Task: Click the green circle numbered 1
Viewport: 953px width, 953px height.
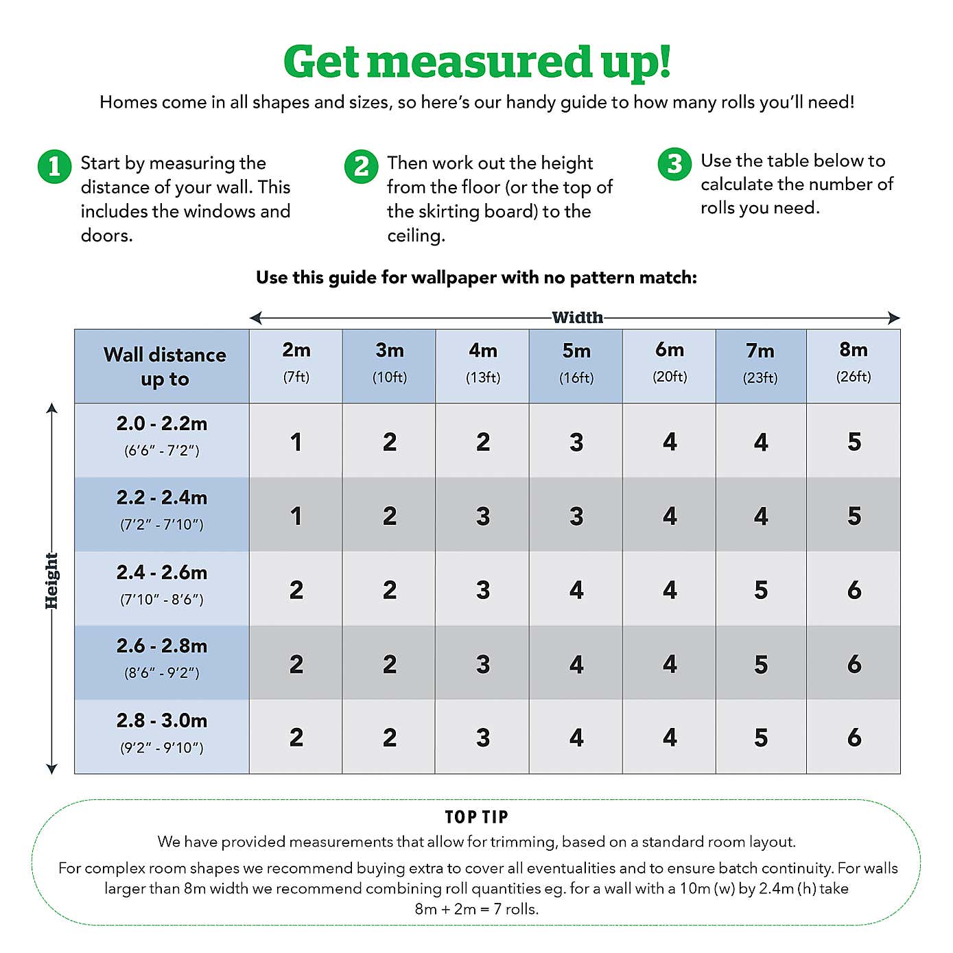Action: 54,167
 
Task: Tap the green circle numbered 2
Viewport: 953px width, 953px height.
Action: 361,167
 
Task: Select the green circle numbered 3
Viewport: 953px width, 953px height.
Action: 674,164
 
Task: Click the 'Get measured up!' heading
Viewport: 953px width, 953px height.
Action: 477,62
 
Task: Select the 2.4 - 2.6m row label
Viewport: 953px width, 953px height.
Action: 162,584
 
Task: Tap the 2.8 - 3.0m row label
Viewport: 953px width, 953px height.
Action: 162,732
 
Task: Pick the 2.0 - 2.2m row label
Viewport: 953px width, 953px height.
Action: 162,435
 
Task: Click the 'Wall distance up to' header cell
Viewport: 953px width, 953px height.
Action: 165,366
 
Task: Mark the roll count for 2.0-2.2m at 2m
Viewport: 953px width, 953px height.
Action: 296,442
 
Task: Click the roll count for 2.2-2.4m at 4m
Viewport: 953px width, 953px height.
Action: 483,516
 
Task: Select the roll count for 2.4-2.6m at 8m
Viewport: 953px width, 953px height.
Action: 854,590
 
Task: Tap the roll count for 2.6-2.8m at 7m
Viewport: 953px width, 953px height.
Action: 761,664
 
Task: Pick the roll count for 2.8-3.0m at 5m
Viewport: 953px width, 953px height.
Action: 576,738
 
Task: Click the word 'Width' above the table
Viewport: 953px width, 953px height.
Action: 577,318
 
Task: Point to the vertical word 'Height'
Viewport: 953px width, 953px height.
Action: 51,580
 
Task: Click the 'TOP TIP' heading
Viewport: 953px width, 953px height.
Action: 476,816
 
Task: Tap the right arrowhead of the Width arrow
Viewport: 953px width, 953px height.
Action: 894,318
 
